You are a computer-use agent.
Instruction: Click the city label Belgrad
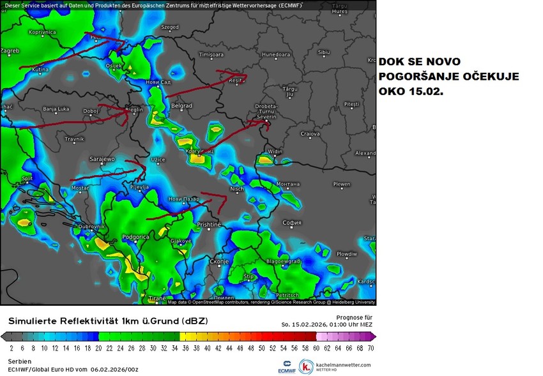[181, 105]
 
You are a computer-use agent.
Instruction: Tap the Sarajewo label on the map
[102, 158]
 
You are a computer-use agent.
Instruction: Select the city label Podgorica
[135, 237]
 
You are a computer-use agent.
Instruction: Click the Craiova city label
[310, 134]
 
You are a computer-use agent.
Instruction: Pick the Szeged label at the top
[170, 27]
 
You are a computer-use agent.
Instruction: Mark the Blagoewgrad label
[283, 262]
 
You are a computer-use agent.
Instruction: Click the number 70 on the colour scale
[370, 349]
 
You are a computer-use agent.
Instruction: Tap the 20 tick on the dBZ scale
[98, 349]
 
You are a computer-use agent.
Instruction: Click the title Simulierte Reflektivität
[107, 320]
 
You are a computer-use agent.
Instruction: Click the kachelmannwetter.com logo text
[343, 365]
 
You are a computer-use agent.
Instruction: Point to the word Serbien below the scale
[19, 361]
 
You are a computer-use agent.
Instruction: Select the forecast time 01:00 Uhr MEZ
[350, 324]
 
